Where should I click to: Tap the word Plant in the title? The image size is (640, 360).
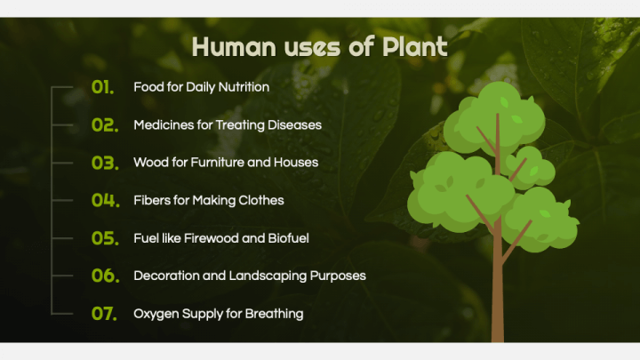click(414, 46)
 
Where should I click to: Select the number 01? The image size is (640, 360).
click(103, 87)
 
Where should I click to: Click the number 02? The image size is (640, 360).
click(104, 125)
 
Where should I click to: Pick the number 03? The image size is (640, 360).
click(104, 163)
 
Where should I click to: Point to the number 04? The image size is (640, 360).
click(104, 200)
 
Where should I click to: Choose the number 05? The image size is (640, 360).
click(104, 238)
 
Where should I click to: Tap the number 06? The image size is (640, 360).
click(104, 276)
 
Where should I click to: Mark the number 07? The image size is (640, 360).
click(104, 313)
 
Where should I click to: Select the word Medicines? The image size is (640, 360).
click(164, 125)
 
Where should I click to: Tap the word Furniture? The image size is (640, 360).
click(219, 163)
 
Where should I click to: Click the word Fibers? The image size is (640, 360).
click(150, 200)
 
